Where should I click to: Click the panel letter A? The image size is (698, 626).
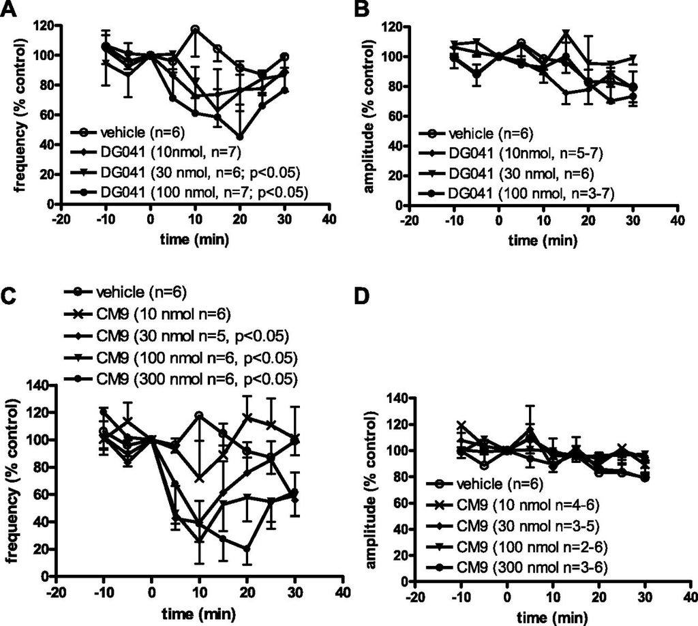(x=9, y=9)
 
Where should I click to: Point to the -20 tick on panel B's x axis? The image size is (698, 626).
(x=409, y=220)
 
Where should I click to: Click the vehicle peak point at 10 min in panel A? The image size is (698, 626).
(x=195, y=29)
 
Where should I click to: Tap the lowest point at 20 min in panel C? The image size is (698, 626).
(x=246, y=548)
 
